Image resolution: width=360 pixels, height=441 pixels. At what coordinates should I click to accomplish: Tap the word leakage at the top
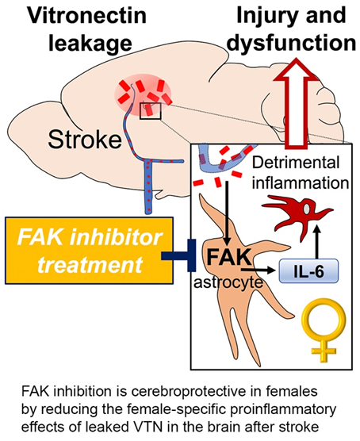(90, 43)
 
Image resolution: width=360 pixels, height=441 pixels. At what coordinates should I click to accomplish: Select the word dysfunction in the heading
(291, 43)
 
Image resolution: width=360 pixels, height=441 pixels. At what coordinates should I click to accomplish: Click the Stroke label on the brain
(85, 140)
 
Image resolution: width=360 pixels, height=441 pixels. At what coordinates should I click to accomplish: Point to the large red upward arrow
(297, 103)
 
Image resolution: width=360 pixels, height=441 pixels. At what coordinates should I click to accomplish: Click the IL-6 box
(308, 270)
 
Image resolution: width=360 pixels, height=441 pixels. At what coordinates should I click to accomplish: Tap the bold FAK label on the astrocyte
(229, 257)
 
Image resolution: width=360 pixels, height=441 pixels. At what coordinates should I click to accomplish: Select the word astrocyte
(228, 282)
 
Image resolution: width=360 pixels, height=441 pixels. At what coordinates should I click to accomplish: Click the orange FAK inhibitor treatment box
(89, 251)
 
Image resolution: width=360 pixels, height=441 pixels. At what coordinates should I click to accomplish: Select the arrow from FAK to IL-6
(258, 270)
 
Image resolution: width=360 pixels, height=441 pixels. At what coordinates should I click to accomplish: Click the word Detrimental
(296, 163)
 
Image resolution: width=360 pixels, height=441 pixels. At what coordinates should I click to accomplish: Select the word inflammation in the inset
(301, 182)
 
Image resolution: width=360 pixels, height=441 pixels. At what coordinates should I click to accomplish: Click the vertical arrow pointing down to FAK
(227, 214)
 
